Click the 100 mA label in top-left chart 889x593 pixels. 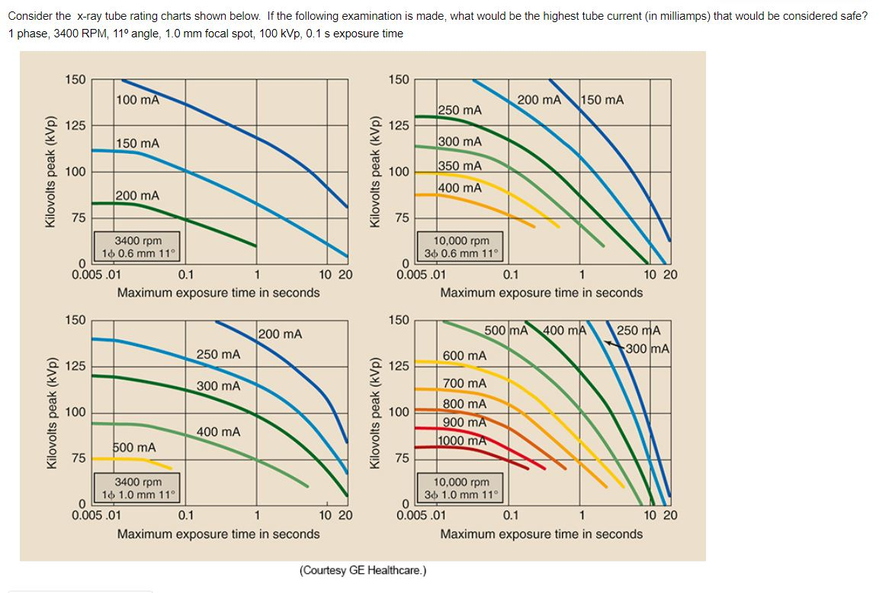pyautogui.click(x=138, y=99)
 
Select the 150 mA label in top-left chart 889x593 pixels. pyautogui.click(x=138, y=143)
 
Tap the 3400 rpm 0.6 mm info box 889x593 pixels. pyautogui.click(x=138, y=247)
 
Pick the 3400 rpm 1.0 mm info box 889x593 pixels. pyautogui.click(x=138, y=488)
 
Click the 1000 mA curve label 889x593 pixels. pyautogui.click(x=463, y=441)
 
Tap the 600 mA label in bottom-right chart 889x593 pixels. pyautogui.click(x=464, y=356)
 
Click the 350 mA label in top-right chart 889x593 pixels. pyautogui.click(x=461, y=165)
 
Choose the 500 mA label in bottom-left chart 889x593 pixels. pyautogui.click(x=134, y=447)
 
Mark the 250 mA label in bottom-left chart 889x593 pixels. pyautogui.click(x=218, y=354)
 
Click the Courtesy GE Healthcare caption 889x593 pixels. pyautogui.click(x=363, y=570)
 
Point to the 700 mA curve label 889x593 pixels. pyautogui.click(x=464, y=383)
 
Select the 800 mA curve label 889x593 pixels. pyautogui.click(x=464, y=403)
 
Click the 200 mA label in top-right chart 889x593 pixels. pyautogui.click(x=539, y=100)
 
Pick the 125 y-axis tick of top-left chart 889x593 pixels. pyautogui.click(x=75, y=125)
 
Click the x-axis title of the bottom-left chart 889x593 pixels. pyautogui.click(x=218, y=534)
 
